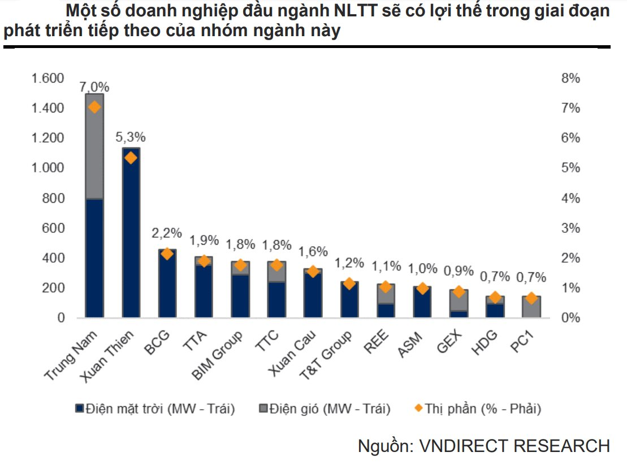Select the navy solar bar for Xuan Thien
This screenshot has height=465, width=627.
point(131,237)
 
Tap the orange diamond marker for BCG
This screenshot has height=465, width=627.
point(167,254)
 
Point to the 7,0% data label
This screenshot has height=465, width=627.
point(94,88)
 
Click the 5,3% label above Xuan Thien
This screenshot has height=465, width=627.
point(131,137)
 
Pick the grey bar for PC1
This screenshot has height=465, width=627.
point(531,308)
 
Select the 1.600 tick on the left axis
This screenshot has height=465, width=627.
point(48,79)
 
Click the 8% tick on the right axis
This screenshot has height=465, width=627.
point(570,79)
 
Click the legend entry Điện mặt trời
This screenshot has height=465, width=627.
point(155,408)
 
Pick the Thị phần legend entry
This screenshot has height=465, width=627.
point(478,408)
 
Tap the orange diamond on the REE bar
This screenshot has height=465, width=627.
point(386,287)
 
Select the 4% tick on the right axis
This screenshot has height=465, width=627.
point(570,198)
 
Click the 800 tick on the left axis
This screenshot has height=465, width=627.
point(54,198)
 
